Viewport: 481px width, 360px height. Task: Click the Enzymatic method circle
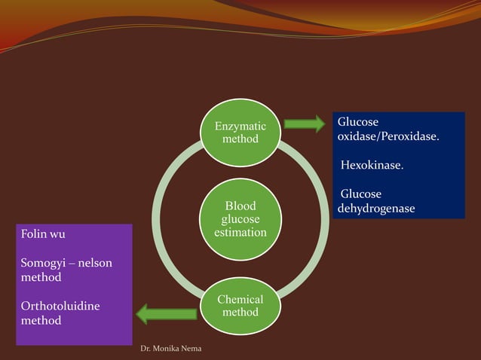pyautogui.click(x=240, y=133)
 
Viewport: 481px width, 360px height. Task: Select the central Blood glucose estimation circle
pyautogui.click(x=240, y=219)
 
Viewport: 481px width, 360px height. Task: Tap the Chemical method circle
pyautogui.click(x=240, y=306)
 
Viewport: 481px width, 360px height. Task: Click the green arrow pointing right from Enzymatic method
pyautogui.click(x=305, y=124)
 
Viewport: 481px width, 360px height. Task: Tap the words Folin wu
pyautogui.click(x=43, y=234)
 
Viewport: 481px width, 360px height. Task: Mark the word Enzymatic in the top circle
pyautogui.click(x=240, y=127)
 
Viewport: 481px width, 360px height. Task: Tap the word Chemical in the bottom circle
pyautogui.click(x=240, y=299)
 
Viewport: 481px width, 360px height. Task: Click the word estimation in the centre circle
pyautogui.click(x=240, y=233)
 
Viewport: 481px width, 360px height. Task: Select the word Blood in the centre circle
pyautogui.click(x=240, y=206)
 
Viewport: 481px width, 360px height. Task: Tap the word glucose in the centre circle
pyautogui.click(x=240, y=219)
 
